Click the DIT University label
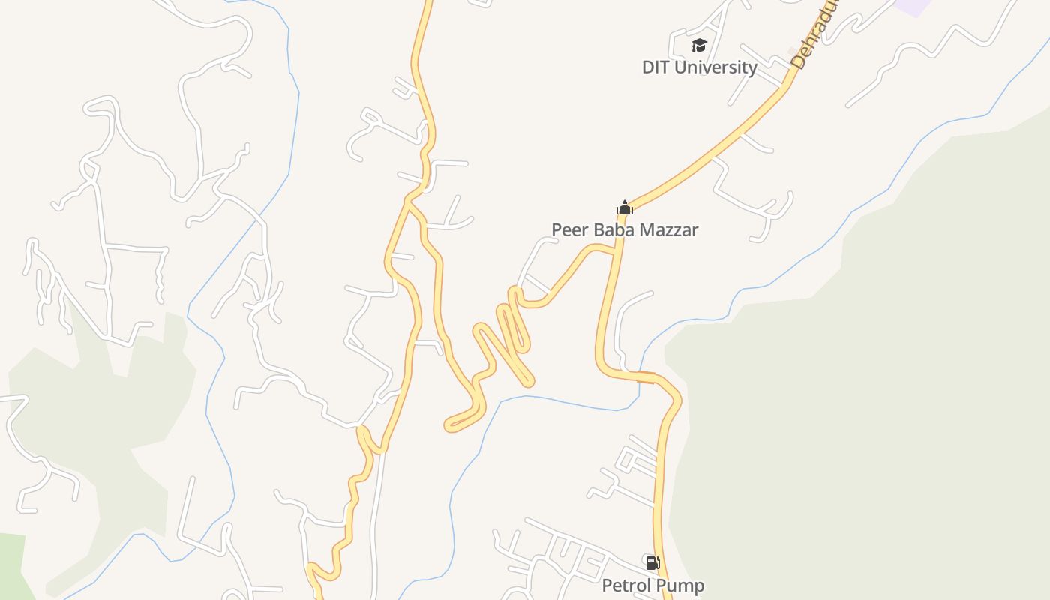point(699,67)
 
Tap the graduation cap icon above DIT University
point(699,46)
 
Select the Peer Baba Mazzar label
point(625,229)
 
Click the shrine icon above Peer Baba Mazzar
point(625,208)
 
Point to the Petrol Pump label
point(653,586)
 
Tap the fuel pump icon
point(652,563)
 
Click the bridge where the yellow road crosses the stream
point(646,376)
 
